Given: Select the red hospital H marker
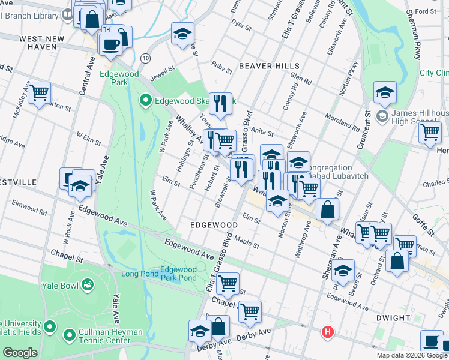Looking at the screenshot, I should (x=327, y=331).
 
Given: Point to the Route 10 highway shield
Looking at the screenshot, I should (x=146, y=58).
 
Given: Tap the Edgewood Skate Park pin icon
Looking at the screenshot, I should (x=145, y=100).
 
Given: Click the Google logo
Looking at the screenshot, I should (x=20, y=353).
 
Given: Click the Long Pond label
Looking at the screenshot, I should (x=140, y=274).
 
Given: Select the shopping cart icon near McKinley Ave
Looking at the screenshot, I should (x=40, y=93).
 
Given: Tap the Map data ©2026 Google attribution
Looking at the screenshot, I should (x=412, y=355).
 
